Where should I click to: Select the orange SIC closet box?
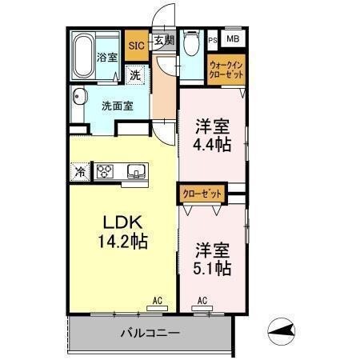click(x=136, y=45)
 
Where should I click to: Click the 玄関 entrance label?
click(x=163, y=40)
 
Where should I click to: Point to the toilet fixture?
click(x=190, y=44)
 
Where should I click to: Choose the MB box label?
click(x=232, y=38)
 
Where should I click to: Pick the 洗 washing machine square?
click(x=136, y=74)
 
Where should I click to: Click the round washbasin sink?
click(x=78, y=98)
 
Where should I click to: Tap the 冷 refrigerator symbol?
click(x=81, y=170)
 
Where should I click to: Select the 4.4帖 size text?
click(x=212, y=146)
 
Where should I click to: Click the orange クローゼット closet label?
click(x=202, y=193)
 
